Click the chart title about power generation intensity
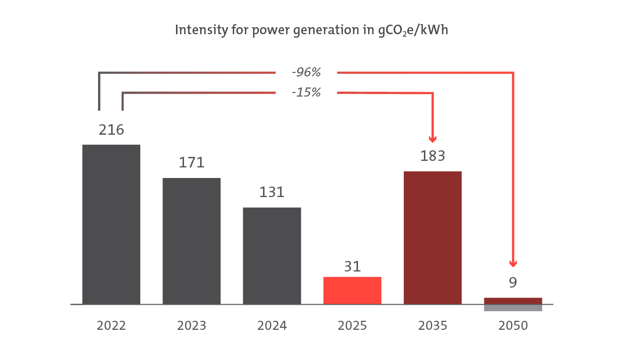click(311, 31)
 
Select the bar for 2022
click(111, 224)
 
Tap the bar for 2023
click(192, 241)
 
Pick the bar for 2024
click(272, 255)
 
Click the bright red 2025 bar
click(352, 290)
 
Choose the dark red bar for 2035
click(433, 237)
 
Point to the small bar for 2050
click(513, 301)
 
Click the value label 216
click(111, 130)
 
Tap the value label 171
click(192, 163)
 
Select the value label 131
click(272, 192)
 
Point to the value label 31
click(352, 266)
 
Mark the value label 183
click(433, 156)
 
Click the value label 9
click(513, 283)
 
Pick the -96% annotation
click(306, 73)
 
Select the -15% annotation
click(306, 93)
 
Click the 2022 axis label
click(111, 326)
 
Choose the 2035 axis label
click(433, 326)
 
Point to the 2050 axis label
click(513, 326)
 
